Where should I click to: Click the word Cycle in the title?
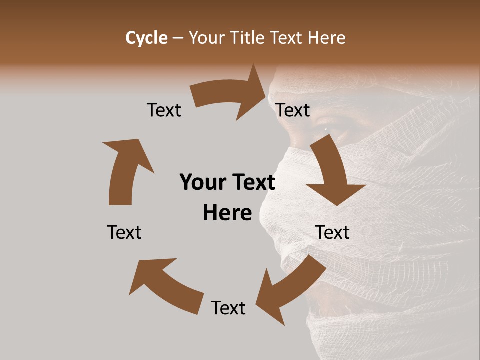146,38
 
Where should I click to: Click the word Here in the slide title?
327,38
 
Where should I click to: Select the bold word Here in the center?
227,213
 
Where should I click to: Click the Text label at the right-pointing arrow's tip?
293,110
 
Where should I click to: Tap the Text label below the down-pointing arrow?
332,232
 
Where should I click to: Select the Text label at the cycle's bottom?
228,308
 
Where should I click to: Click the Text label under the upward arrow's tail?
124,232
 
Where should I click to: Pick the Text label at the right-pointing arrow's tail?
164,110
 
